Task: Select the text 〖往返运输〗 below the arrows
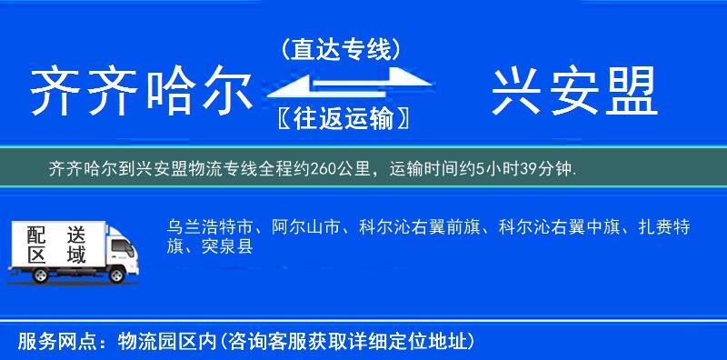pyautogui.click(x=341, y=117)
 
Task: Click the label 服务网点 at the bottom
pyautogui.click(x=54, y=342)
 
